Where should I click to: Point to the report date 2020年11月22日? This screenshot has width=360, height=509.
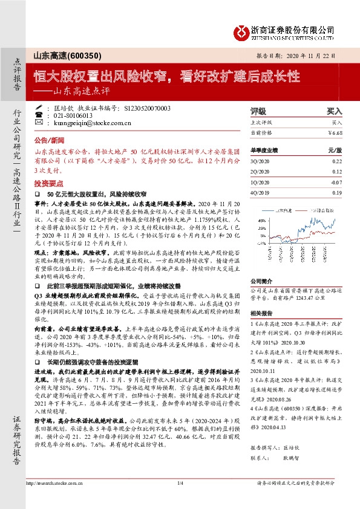pos(308,55)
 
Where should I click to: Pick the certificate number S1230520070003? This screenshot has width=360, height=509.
pos(147,108)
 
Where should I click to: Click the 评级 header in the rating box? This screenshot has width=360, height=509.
pos(258,112)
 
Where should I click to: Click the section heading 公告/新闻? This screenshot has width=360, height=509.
pos(50,138)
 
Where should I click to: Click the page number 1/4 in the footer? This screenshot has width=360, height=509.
pos(180,483)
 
